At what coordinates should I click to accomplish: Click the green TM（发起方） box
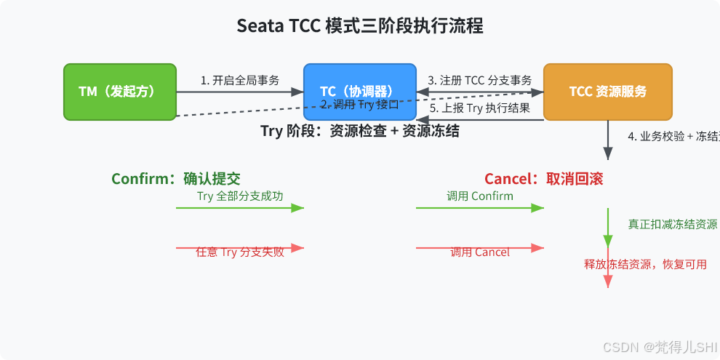[x=120, y=92]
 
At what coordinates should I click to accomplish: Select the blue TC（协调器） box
[x=359, y=92]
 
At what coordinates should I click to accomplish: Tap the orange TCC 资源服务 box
[x=607, y=92]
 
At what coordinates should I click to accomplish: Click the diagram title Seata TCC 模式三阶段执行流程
[x=360, y=26]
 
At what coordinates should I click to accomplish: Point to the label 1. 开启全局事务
[x=240, y=80]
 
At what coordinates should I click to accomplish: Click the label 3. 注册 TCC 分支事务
[x=479, y=80]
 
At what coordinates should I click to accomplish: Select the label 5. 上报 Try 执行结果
[x=479, y=108]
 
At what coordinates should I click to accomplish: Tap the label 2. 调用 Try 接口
[x=360, y=104]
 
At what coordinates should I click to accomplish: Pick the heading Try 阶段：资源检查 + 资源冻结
[x=360, y=131]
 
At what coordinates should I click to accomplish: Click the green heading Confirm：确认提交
[x=175, y=179]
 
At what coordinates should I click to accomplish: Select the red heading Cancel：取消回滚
[x=543, y=179]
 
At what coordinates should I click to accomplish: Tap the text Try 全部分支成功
[x=240, y=196]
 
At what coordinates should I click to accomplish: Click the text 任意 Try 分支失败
[x=240, y=252]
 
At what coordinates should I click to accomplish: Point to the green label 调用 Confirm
[x=479, y=196]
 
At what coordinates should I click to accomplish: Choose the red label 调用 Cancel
[x=479, y=252]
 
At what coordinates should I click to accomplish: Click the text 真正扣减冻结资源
[x=673, y=224]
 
